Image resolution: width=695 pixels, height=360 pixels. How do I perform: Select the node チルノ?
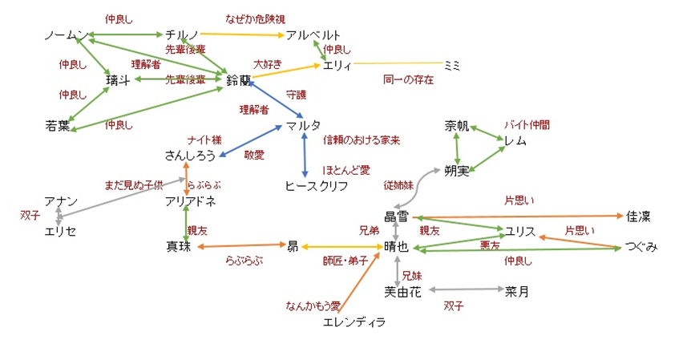pos(182,35)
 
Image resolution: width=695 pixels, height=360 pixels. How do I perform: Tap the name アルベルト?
pos(313,35)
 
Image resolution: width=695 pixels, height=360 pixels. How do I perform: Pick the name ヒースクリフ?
pos(317,186)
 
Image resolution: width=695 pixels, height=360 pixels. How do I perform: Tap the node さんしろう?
pos(190,156)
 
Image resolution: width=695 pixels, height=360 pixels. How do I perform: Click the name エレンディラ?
pos(354,322)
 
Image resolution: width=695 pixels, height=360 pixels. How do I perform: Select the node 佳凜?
pos(639,216)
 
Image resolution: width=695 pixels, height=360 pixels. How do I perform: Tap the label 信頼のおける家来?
pos(362,140)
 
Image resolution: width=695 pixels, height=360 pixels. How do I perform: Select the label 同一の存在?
pos(408,79)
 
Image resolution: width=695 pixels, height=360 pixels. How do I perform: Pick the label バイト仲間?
pos(527,125)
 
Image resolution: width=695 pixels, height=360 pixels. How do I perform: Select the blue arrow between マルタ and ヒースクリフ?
pos(305,156)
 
